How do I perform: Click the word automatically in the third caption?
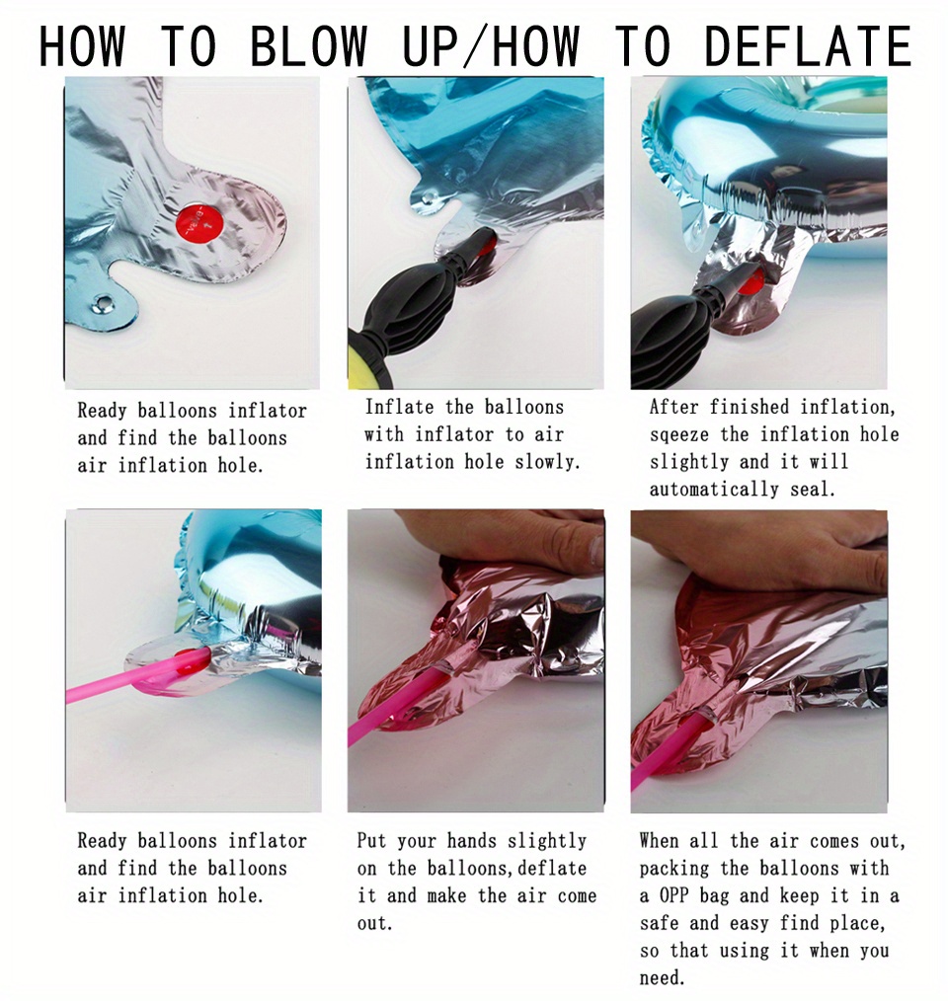pos(714,490)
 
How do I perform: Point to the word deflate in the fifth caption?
pos(552,868)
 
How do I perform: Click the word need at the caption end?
pos(662,977)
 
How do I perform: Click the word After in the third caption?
pos(673,407)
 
